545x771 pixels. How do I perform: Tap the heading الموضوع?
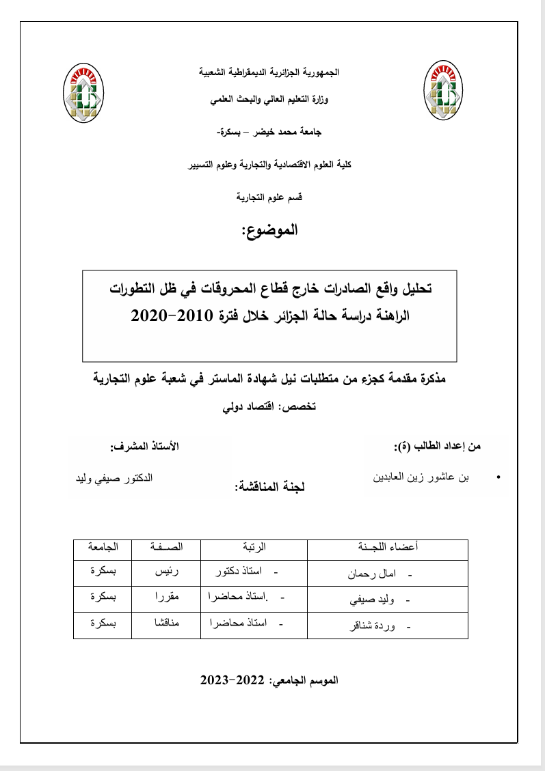270,231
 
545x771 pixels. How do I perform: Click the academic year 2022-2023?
233,681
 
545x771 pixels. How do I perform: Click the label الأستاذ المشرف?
146,447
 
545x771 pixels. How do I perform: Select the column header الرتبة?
254,548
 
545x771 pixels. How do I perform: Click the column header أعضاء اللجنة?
388,548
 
